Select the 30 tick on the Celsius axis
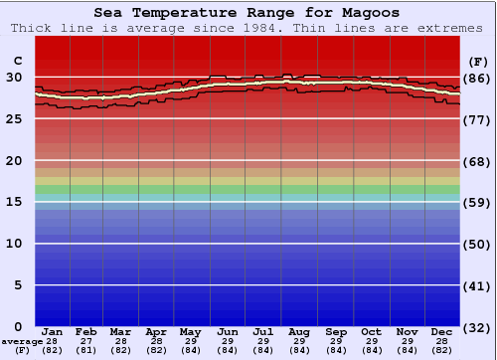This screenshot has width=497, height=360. point(14,78)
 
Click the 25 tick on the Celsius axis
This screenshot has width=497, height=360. point(14,119)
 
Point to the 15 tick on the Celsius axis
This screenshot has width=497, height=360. point(14,202)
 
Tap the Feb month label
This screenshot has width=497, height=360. point(86,331)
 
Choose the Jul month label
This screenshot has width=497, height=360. point(264,331)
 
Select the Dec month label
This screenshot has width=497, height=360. point(442,331)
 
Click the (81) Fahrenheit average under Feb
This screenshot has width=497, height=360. point(86,350)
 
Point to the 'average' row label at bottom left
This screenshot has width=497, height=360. point(22,341)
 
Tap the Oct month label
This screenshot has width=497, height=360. point(371,331)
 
